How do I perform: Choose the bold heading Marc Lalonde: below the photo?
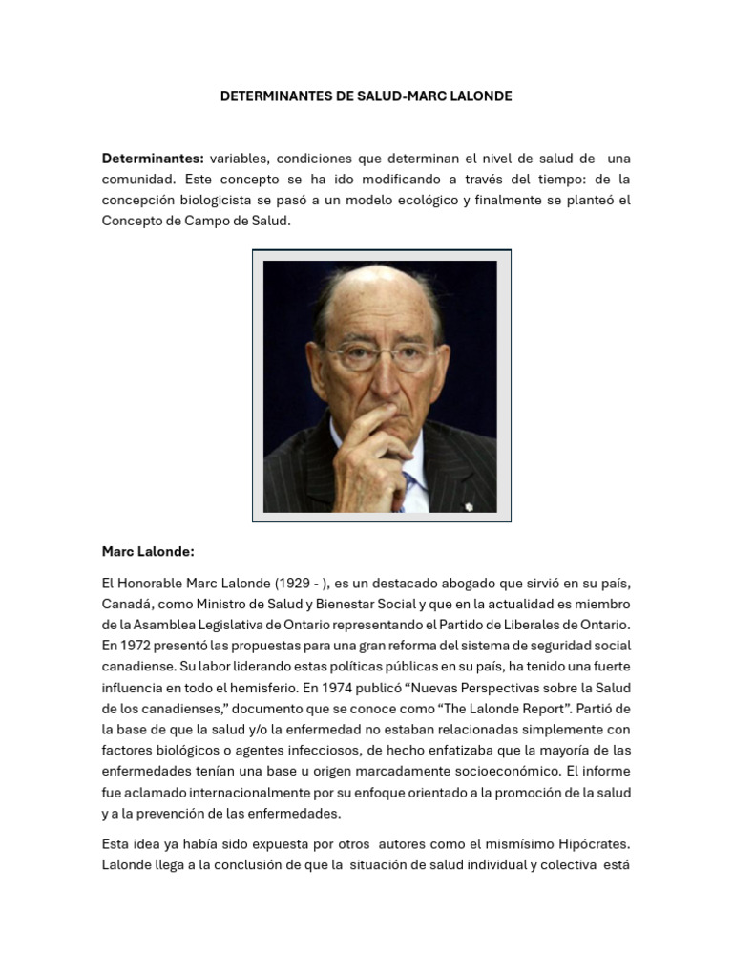[x=148, y=551]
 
